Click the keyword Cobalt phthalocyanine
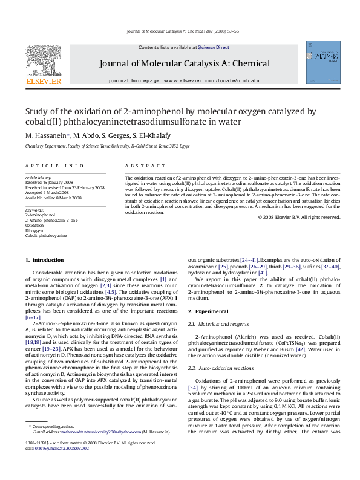coord(46,236)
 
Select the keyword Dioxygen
coord(34,230)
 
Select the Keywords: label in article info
coord(34,209)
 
